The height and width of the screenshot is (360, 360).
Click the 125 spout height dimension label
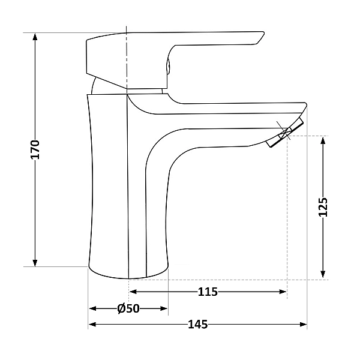(323, 208)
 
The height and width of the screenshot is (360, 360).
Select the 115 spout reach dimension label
(208, 292)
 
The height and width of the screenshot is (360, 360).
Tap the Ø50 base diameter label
(128, 308)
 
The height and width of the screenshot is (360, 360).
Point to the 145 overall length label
(197, 325)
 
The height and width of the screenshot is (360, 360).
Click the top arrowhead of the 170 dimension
(35, 37)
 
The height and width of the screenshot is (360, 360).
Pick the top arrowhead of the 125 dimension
(323, 140)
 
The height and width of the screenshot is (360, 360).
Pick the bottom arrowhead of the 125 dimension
(323, 275)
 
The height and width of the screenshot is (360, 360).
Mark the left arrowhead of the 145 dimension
(92, 325)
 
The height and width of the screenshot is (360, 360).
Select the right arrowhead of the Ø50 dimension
(164, 308)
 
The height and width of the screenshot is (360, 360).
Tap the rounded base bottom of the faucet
(128, 272)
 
